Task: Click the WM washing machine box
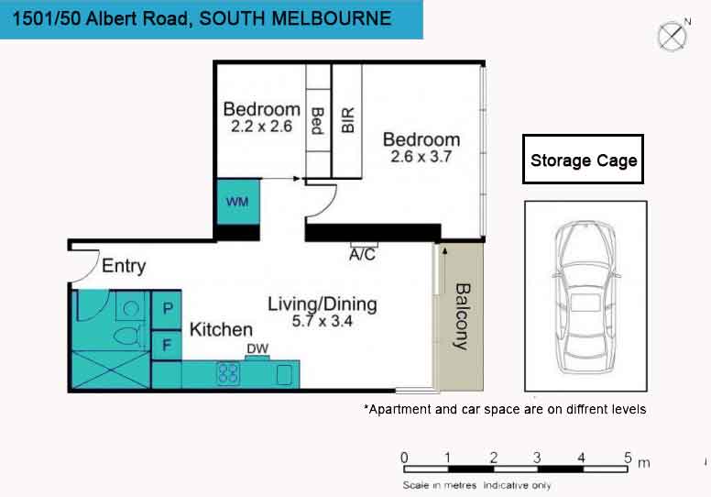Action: coord(238,202)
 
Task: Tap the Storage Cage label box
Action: coord(583,160)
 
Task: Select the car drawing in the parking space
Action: coord(585,297)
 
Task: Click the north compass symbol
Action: coord(673,36)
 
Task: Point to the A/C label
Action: coord(362,255)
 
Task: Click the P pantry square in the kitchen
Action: coord(167,310)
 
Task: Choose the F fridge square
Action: coord(167,346)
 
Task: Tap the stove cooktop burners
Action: coord(228,373)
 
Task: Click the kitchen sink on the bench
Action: coord(284,375)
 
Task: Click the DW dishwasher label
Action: coord(257,348)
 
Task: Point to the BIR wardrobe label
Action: coord(347,120)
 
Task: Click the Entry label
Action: coord(124,266)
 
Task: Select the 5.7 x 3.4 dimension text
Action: coord(322,321)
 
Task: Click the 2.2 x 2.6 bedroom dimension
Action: coord(262,127)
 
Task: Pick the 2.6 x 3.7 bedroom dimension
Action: coord(421,157)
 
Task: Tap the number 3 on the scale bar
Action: coord(537,457)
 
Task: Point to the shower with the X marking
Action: coord(111,370)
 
